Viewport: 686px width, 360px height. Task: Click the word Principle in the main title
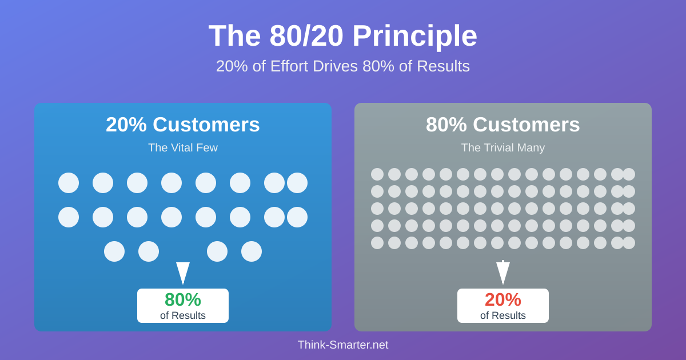415,37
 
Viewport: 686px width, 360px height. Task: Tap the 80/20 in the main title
306,35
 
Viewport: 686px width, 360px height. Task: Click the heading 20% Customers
183,125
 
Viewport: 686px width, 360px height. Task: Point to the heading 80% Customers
503,125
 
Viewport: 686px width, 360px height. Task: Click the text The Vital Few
183,147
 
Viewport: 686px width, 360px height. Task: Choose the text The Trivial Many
503,148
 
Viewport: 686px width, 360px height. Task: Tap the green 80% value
183,299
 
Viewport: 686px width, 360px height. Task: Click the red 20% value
503,299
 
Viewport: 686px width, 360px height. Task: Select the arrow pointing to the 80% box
183,273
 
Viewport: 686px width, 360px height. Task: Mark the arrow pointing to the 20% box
503,273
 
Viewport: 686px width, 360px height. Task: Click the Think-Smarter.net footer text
343,345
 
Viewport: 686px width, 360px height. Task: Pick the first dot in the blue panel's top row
69,183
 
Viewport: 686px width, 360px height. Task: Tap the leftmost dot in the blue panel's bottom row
114,251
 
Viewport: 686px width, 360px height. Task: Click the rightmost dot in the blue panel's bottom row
252,251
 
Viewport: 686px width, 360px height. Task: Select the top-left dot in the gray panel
377,174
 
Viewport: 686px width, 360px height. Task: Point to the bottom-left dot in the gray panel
377,243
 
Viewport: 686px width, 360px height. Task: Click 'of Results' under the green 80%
183,315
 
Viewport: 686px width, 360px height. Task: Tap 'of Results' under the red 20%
503,315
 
